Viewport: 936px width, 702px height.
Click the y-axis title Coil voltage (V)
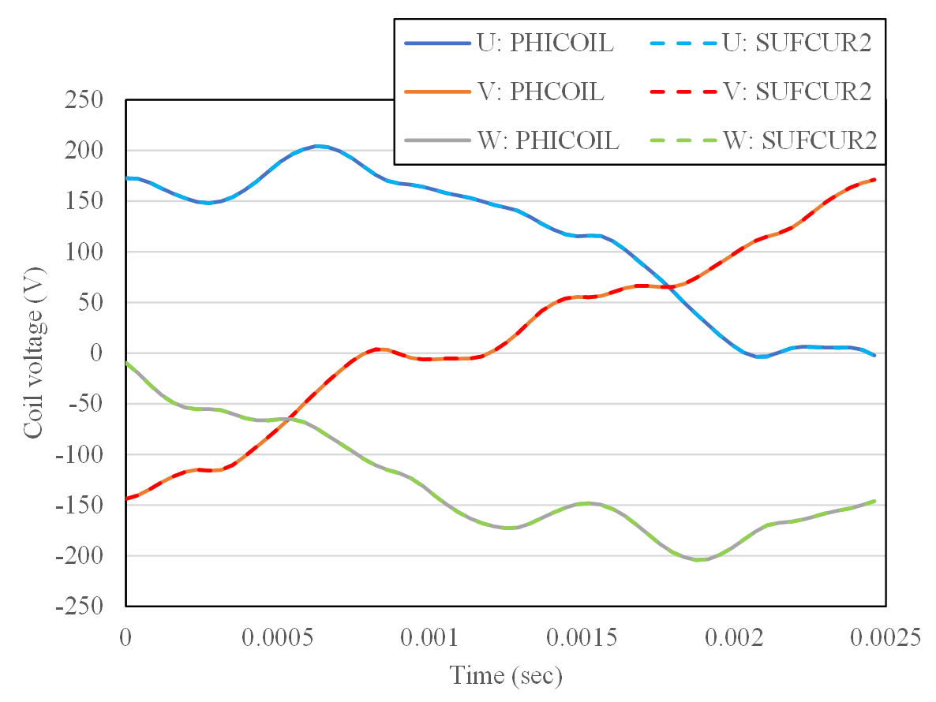point(33,353)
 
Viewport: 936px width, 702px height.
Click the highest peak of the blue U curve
point(318,146)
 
